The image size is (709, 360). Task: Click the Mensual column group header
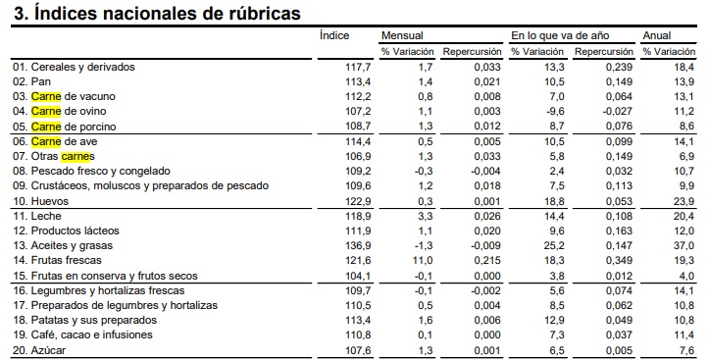402,35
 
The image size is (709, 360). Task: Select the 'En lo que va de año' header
550,35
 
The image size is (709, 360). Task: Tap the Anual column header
656,35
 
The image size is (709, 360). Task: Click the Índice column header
334,35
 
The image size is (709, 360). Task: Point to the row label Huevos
49,200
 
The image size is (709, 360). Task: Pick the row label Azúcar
49,350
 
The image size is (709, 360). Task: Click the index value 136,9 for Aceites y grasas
357,245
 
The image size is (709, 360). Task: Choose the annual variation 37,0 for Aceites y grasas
684,245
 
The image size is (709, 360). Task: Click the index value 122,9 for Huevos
357,200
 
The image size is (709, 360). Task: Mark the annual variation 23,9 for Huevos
684,200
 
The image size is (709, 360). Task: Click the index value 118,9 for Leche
357,215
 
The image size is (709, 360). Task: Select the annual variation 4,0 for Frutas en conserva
686,276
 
